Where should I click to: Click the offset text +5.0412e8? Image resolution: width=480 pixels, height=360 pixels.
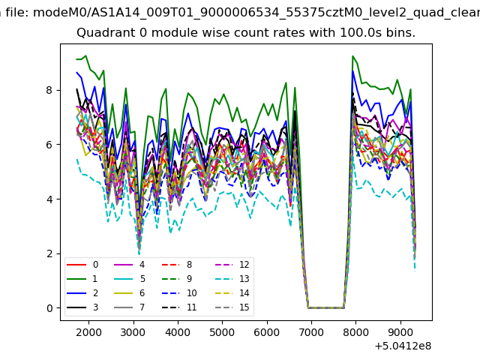click(x=402, y=346)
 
